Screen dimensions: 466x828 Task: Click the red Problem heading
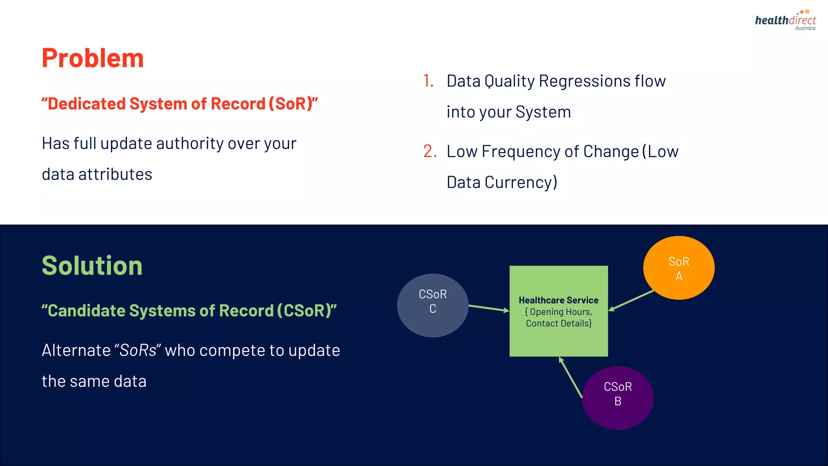tap(93, 58)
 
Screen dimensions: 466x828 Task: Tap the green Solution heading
tap(92, 266)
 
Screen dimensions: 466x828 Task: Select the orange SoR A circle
tap(678, 268)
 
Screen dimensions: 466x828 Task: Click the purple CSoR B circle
tap(617, 398)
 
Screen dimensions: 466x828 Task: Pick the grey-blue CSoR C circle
tap(433, 305)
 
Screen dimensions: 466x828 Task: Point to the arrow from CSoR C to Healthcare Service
tap(488, 308)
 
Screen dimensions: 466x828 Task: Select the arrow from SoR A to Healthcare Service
tap(631, 301)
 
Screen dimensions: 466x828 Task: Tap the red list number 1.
tap(428, 81)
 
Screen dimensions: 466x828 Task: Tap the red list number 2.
tap(430, 151)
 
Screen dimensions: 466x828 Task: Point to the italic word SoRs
tap(138, 350)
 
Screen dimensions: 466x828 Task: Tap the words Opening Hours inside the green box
tap(560, 312)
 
